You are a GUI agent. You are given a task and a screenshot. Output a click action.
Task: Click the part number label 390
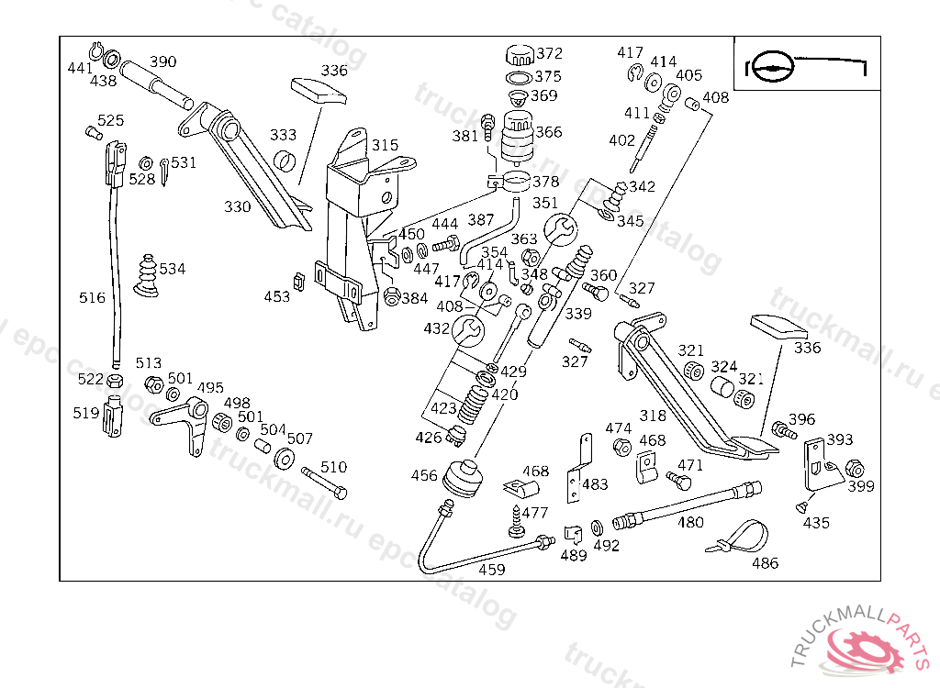tap(162, 61)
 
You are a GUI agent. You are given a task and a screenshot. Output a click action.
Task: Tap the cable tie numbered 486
tap(743, 538)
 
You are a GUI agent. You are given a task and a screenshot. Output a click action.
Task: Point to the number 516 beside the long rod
tap(92, 298)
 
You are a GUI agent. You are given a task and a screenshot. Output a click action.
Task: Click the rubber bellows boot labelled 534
tap(145, 273)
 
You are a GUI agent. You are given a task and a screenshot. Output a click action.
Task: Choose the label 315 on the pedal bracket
tap(385, 145)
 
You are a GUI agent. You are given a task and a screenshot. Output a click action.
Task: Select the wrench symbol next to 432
tap(466, 328)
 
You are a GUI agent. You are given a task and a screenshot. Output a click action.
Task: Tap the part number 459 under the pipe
tap(492, 569)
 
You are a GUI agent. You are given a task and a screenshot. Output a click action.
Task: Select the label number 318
tap(653, 416)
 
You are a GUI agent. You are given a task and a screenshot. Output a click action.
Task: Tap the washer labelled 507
tap(285, 458)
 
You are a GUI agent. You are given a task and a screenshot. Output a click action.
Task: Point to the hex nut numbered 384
tap(392, 296)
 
